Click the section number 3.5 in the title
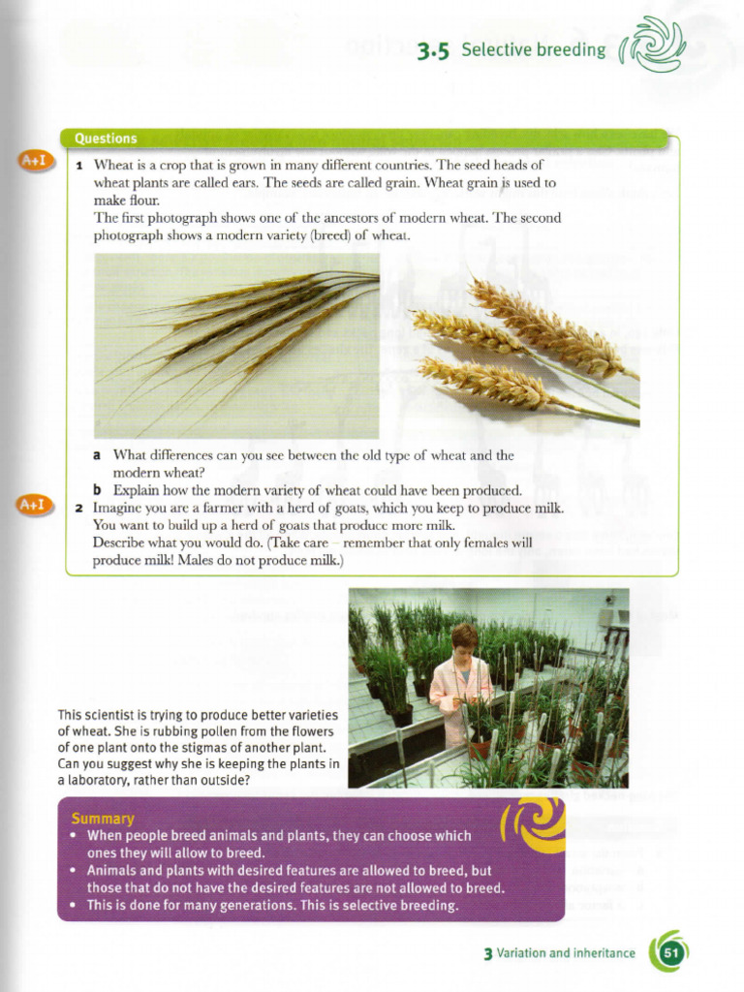[x=433, y=51]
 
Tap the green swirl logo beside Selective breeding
[x=652, y=45]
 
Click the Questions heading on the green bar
[x=106, y=139]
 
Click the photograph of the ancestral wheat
[x=236, y=346]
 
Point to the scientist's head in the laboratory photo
[x=464, y=640]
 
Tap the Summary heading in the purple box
[x=103, y=819]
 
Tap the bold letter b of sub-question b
[x=97, y=490]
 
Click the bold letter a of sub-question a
[x=97, y=455]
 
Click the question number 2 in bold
[x=79, y=508]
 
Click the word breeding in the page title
[x=573, y=50]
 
